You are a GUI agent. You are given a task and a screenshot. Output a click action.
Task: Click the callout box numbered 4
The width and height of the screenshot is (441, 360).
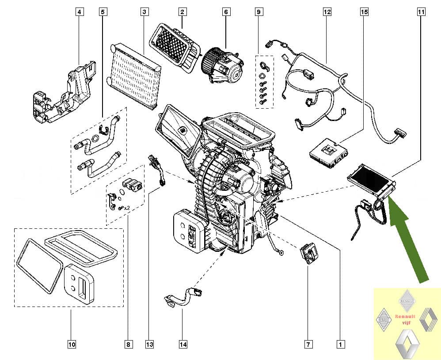click(x=79, y=13)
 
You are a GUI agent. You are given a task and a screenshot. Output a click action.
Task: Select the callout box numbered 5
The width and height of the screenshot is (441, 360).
click(x=103, y=13)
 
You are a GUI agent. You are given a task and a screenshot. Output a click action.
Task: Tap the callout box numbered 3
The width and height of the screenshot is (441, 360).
click(x=144, y=13)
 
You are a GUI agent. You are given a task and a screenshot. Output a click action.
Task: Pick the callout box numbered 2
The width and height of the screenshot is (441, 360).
click(x=182, y=13)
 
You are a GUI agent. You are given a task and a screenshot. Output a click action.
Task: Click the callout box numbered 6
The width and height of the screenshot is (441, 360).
click(x=226, y=13)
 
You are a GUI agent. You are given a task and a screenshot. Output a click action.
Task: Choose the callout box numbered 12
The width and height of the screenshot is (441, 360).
click(x=327, y=13)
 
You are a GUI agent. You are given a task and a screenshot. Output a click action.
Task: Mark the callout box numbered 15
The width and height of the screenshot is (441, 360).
click(x=364, y=13)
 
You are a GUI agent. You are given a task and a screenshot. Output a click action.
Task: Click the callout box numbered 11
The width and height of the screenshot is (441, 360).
click(x=420, y=13)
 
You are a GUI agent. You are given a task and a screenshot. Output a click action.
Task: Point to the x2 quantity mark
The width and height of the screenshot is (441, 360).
click(x=126, y=208)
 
